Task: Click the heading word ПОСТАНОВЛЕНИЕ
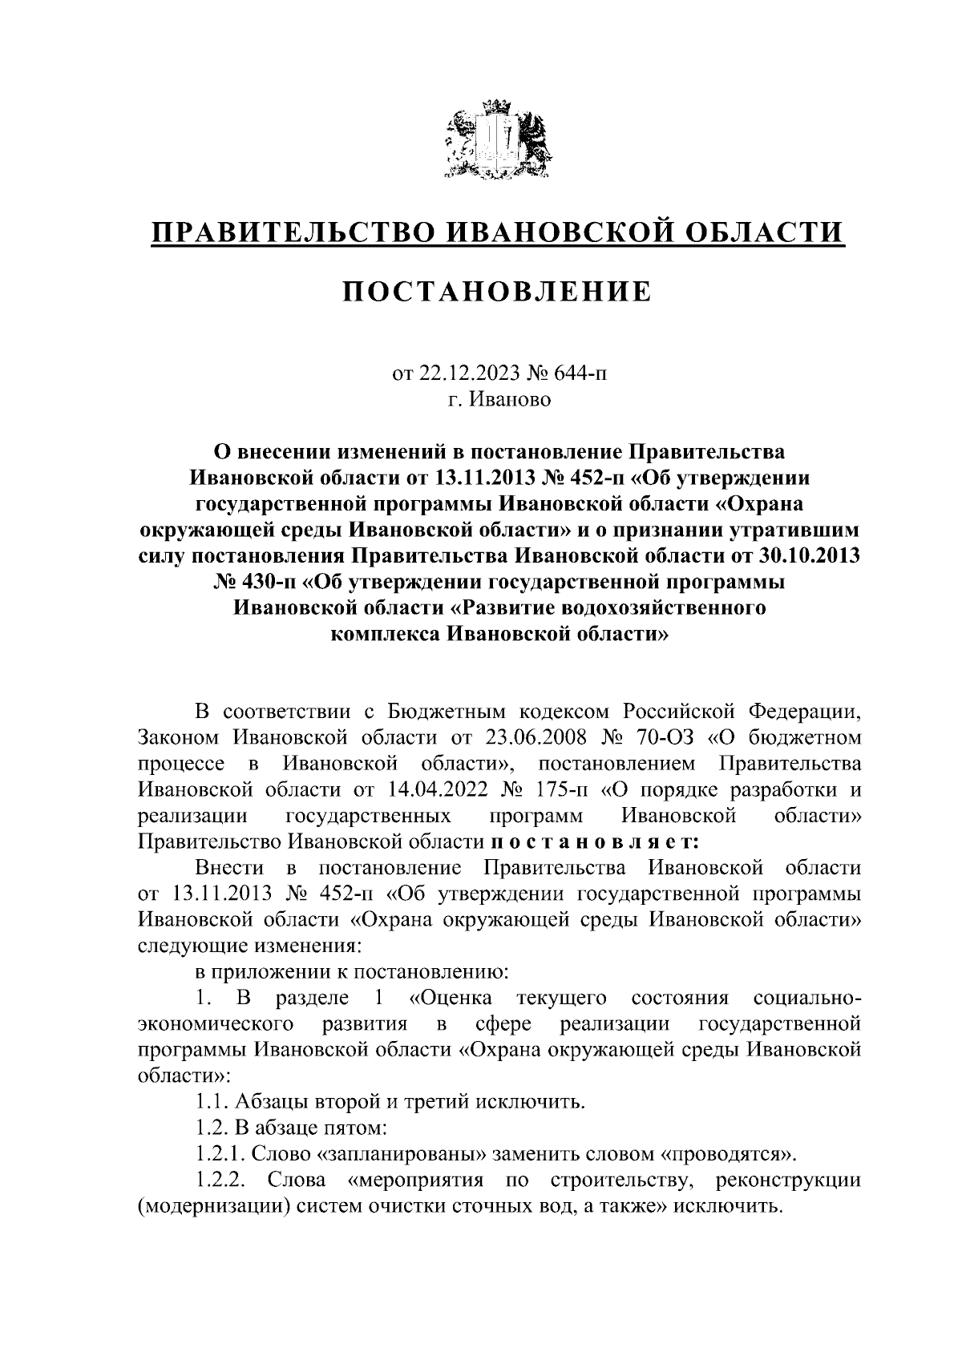pos(497,292)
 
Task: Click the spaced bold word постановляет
pos(594,842)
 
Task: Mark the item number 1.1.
pos(212,1102)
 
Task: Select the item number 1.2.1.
pos(220,1155)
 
